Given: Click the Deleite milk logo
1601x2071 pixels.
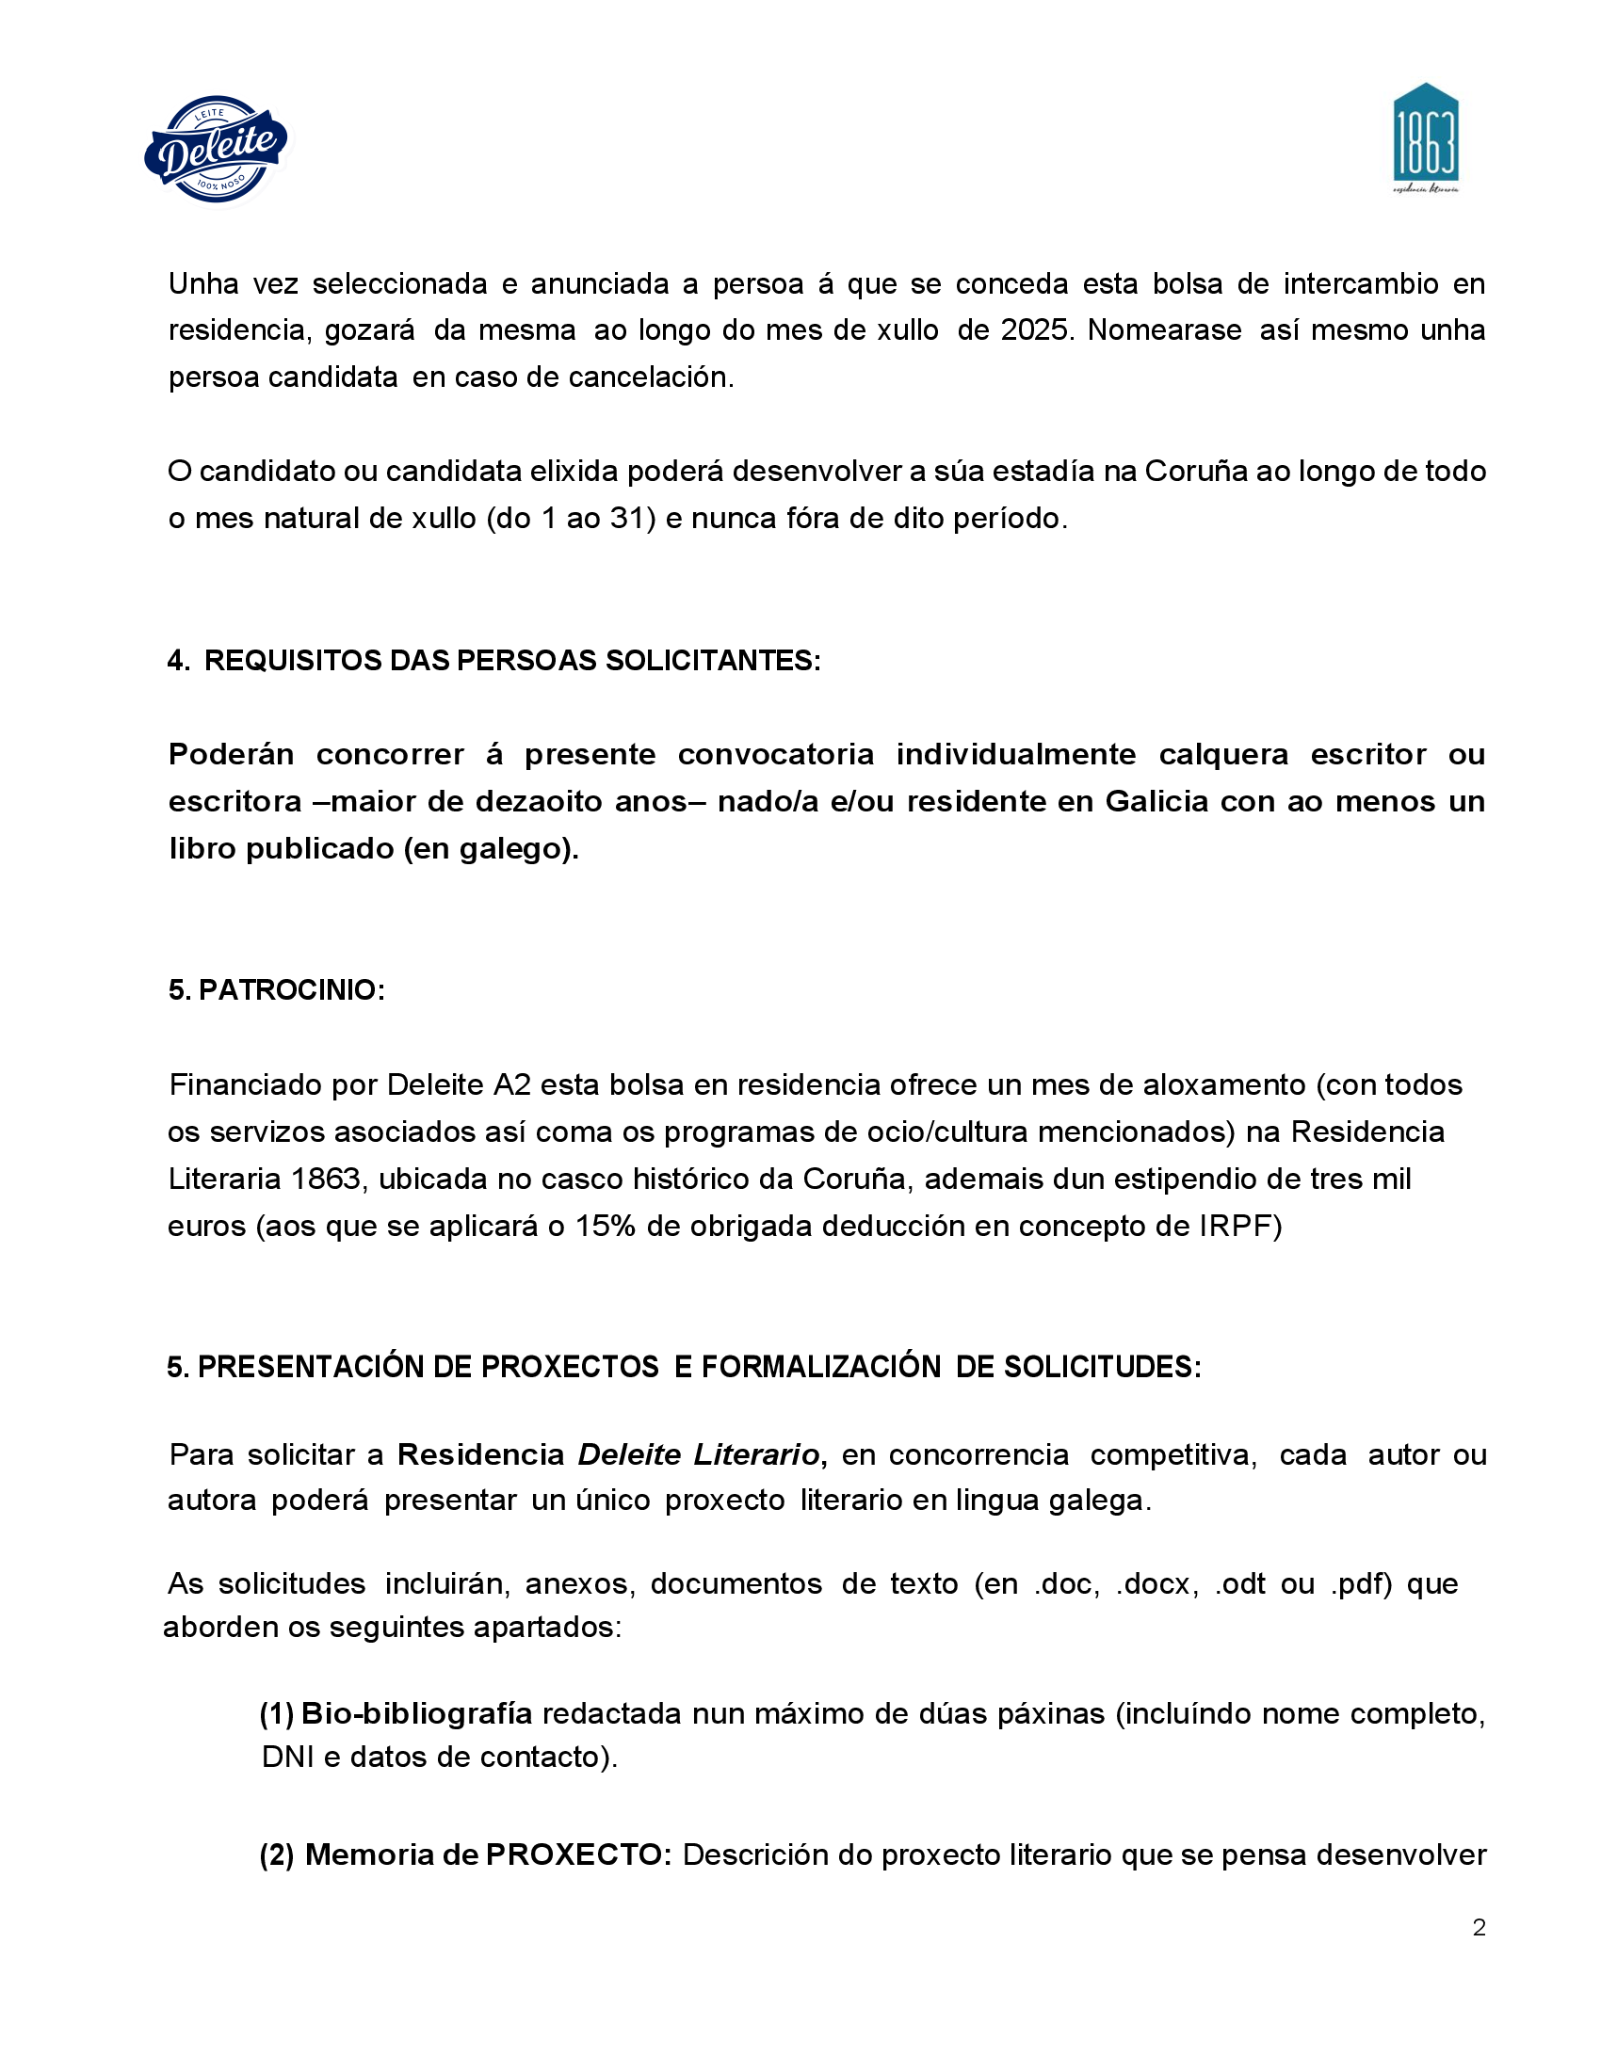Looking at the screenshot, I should [217, 149].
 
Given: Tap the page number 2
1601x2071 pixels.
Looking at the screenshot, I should [1479, 1926].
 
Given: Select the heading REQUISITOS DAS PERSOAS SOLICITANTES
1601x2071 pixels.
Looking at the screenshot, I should [512, 660].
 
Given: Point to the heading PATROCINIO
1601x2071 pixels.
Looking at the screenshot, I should [291, 989].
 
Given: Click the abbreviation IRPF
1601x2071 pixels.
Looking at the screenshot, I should [1239, 1226].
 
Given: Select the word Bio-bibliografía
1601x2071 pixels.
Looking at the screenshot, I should [416, 1713].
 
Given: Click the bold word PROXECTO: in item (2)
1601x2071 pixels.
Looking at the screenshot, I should [578, 1854].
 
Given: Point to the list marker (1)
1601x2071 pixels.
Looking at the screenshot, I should [276, 1713].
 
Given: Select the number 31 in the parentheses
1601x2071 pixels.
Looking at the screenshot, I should [630, 519].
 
